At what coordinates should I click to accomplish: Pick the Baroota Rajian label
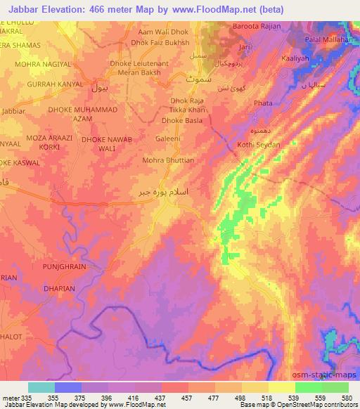(257, 27)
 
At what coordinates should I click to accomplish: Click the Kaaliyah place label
(297, 58)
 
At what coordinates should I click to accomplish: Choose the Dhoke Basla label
(179, 120)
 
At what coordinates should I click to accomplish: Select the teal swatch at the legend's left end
(41, 387)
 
